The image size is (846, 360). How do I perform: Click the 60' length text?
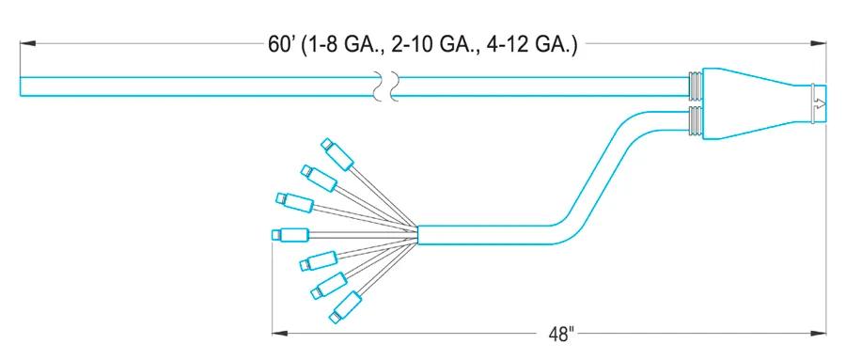click(x=280, y=44)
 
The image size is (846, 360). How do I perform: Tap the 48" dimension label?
click(x=560, y=335)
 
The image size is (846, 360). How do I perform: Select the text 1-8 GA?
click(x=341, y=45)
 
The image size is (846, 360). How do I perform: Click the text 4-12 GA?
click(x=525, y=45)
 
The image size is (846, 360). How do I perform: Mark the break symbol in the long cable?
click(x=387, y=86)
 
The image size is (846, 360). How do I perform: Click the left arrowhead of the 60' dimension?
click(x=28, y=43)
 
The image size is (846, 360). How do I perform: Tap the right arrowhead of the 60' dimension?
click(x=818, y=43)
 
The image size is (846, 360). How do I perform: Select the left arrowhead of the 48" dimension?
click(x=280, y=333)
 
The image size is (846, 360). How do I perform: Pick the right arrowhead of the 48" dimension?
click(x=818, y=333)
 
